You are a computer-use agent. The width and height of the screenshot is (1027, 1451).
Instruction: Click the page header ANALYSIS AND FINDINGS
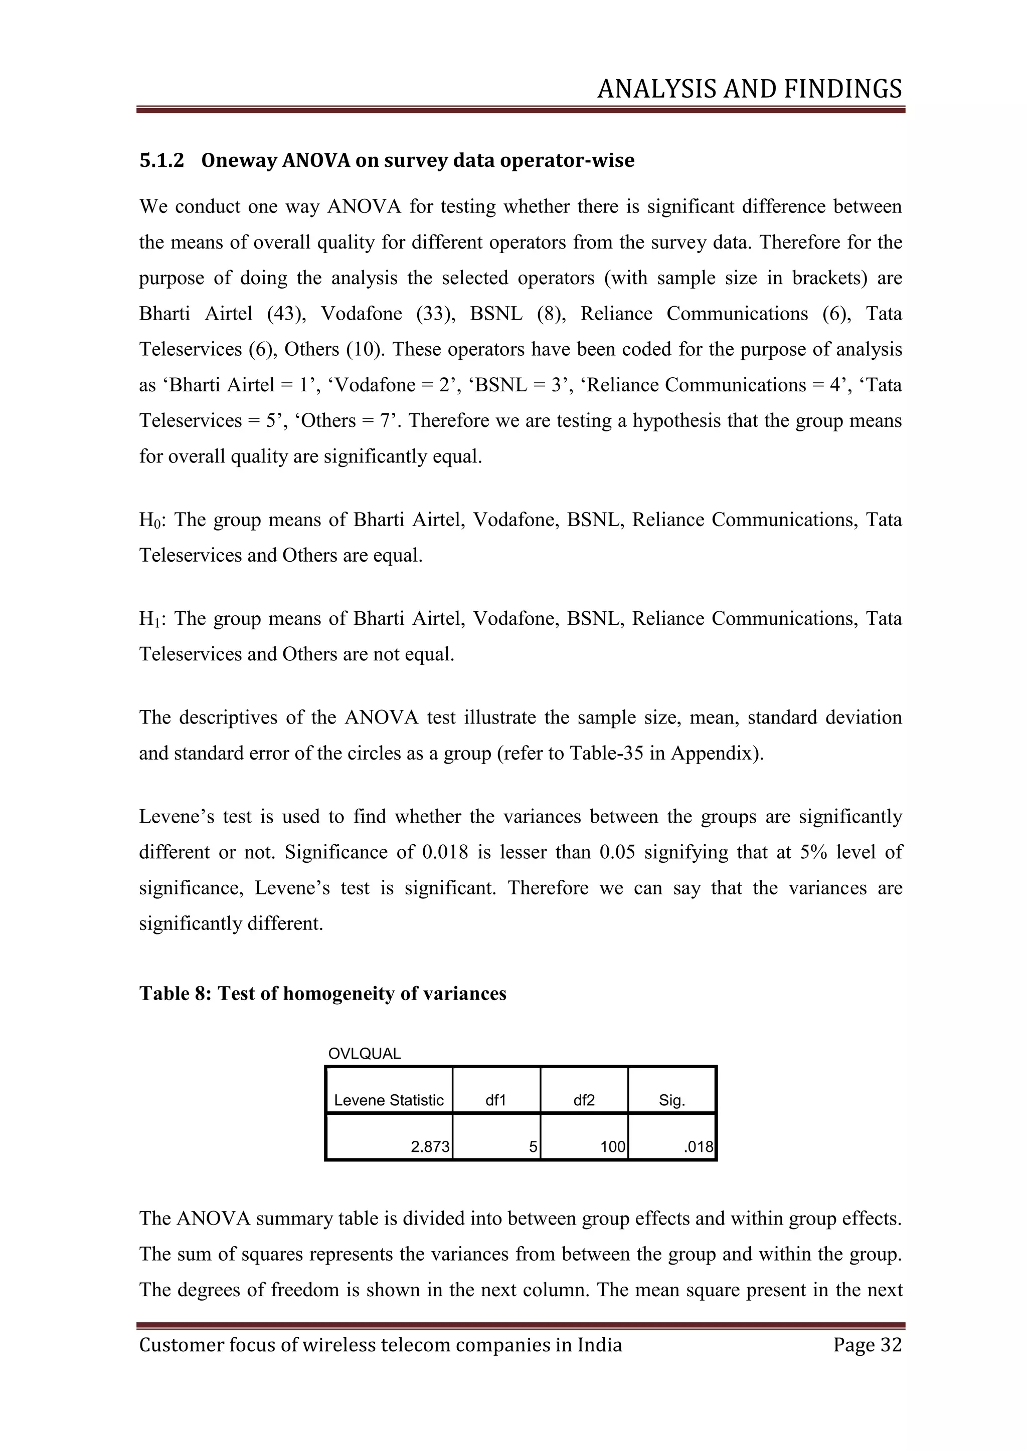click(749, 89)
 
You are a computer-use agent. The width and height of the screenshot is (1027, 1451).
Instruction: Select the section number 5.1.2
click(161, 160)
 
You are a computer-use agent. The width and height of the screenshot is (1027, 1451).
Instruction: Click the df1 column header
click(496, 1100)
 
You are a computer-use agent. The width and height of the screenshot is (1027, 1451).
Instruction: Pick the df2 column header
click(584, 1100)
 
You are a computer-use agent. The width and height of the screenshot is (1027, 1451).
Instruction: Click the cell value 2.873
click(430, 1147)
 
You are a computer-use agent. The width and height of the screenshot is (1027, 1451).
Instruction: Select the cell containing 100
click(612, 1147)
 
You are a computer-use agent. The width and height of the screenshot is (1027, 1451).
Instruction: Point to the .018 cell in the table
click(698, 1147)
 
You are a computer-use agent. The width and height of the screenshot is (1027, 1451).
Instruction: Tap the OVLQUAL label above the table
click(364, 1054)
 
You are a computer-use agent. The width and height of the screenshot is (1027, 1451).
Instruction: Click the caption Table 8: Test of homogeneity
click(322, 994)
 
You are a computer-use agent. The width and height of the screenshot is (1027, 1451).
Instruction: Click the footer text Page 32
click(867, 1345)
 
